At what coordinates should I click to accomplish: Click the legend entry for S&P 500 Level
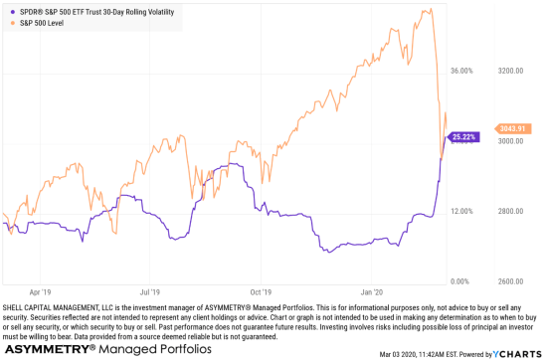pos(46,21)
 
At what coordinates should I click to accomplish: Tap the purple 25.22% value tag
pos(463,136)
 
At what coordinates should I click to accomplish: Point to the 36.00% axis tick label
pos(461,72)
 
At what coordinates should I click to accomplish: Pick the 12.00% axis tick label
pos(461,212)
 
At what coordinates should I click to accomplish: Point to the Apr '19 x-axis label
pos(40,292)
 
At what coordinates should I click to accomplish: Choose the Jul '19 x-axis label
pos(150,292)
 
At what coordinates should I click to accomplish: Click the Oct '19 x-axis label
pos(261,292)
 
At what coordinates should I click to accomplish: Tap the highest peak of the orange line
pos(428,11)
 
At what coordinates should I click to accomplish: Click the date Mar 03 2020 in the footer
pos(403,353)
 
